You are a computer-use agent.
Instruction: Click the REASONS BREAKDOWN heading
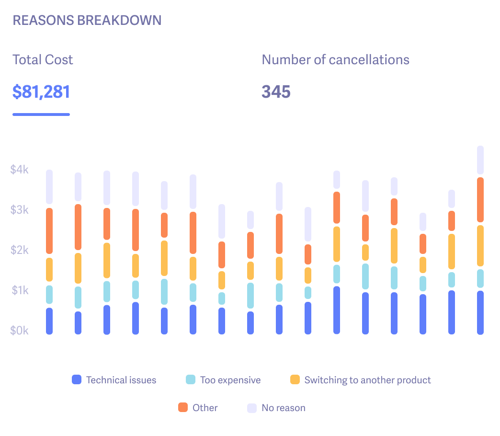(x=87, y=21)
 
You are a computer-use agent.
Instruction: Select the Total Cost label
(x=43, y=60)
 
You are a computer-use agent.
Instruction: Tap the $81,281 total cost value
(x=41, y=92)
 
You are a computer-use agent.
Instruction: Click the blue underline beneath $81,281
(x=41, y=115)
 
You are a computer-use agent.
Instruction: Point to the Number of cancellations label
(x=335, y=60)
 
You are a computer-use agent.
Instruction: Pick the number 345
(x=276, y=92)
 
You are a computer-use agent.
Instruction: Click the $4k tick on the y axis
(x=20, y=170)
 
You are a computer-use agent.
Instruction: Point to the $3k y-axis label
(x=20, y=210)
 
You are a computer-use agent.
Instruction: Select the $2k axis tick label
(x=20, y=250)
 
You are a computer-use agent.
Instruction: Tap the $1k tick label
(x=20, y=290)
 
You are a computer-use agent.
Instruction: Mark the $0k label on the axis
(x=20, y=331)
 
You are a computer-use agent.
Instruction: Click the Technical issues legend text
(x=121, y=380)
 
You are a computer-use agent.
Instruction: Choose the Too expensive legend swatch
(x=190, y=380)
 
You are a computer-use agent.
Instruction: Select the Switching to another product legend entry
(x=367, y=380)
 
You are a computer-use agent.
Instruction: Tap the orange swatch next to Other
(x=182, y=408)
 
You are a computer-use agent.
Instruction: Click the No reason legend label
(x=283, y=408)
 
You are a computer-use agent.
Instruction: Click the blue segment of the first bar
(x=49, y=321)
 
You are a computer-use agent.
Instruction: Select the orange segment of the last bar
(x=480, y=200)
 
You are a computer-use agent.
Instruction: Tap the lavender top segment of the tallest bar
(x=480, y=160)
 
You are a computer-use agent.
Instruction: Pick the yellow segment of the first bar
(x=49, y=270)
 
